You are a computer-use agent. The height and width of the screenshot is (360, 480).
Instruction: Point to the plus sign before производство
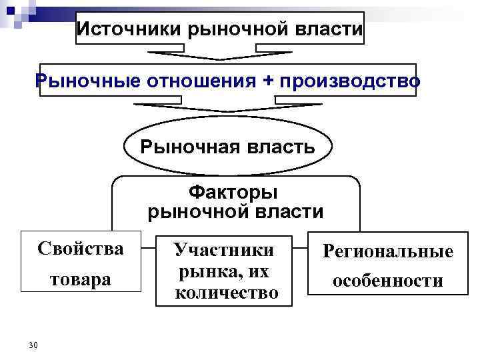pos(268,80)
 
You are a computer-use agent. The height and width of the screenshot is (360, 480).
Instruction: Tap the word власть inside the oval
pos(283,146)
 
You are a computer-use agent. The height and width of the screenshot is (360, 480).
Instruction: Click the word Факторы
pos(233,193)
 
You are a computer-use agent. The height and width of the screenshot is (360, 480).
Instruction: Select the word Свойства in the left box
pos(81,249)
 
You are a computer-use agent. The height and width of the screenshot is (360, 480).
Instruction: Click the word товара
pos(81,279)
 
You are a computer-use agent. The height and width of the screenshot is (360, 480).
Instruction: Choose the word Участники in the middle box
pos(224,250)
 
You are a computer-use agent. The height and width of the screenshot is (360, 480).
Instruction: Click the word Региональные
pos(388,251)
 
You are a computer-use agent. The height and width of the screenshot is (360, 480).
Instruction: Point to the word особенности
pos(388,281)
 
